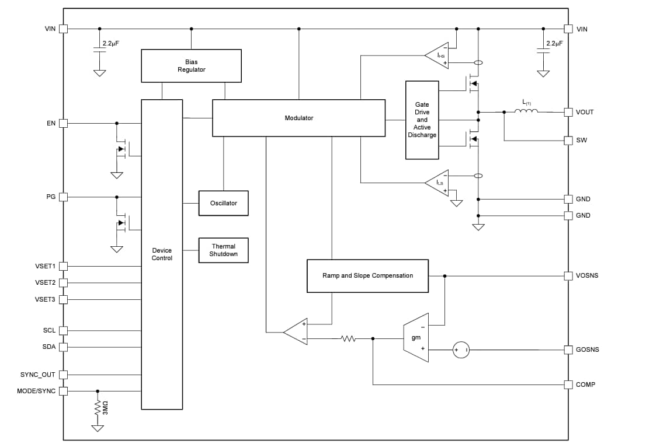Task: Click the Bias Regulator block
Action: click(191, 65)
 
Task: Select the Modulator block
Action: click(298, 118)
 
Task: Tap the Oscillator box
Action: click(223, 203)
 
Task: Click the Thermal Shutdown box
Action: click(223, 250)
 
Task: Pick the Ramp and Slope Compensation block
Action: click(367, 275)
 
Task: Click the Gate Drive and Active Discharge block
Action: click(422, 120)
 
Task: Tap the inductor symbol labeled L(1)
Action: click(526, 111)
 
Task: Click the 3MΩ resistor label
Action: click(106, 408)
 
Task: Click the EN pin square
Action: click(64, 123)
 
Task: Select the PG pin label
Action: click(51, 197)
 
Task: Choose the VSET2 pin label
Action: click(45, 282)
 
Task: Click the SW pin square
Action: click(568, 140)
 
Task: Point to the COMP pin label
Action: click(585, 384)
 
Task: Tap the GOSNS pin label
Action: click(587, 349)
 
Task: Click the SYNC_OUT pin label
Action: click(38, 375)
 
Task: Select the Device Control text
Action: click(162, 254)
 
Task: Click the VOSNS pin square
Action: click(568, 275)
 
